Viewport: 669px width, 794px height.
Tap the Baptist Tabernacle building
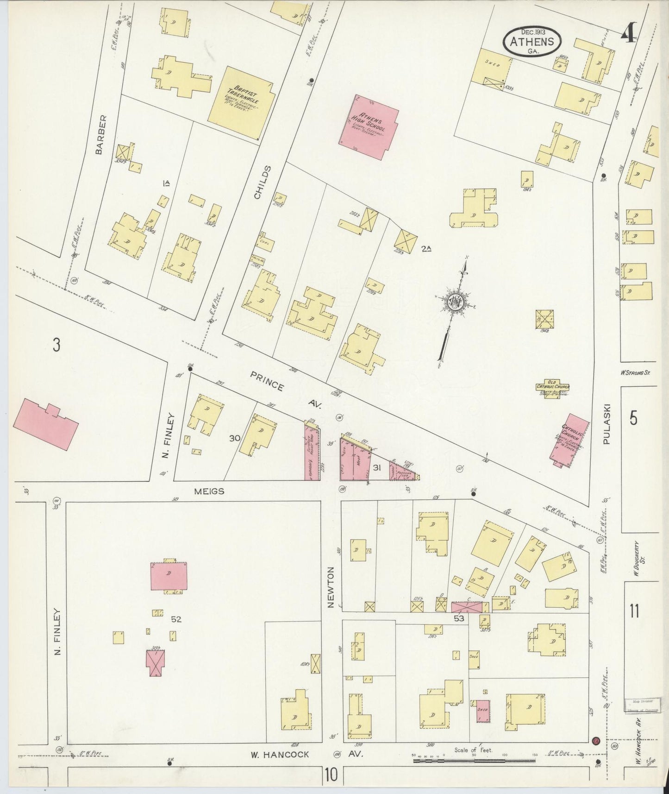241,103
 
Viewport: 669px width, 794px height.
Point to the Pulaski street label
608,424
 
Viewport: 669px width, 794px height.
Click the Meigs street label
211,492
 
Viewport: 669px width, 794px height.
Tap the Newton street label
331,587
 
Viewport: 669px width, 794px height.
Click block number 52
175,619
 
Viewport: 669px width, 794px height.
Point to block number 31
377,468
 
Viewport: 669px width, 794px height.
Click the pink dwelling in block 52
169,576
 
